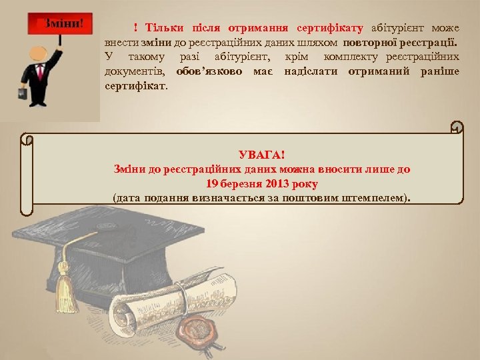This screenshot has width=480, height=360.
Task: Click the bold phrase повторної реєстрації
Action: click(401, 43)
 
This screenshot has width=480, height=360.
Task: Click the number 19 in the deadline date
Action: click(213, 183)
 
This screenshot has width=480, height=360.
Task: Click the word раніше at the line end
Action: click(439, 71)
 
